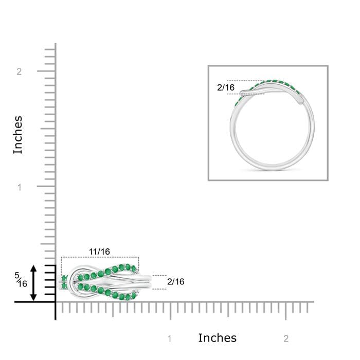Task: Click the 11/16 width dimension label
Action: click(x=99, y=251)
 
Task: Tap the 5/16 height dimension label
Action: click(x=21, y=280)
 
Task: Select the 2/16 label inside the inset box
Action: click(x=226, y=87)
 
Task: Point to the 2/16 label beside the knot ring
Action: click(x=176, y=282)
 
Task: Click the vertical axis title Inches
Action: click(x=18, y=135)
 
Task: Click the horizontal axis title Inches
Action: click(x=217, y=338)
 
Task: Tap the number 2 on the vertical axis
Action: click(x=19, y=72)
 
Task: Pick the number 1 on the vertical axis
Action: click(x=20, y=188)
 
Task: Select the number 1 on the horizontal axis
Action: click(x=170, y=338)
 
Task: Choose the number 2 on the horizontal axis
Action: click(x=286, y=338)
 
